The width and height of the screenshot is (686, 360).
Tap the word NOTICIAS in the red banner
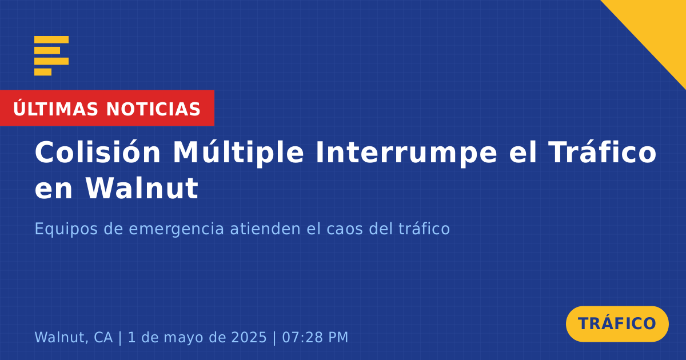coord(153,109)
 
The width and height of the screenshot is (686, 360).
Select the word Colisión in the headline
coord(98,152)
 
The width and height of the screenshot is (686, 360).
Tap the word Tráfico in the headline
coord(603,152)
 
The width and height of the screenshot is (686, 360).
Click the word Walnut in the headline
coord(142,188)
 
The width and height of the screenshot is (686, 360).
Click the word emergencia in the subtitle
coord(177,230)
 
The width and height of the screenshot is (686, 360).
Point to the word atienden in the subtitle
coord(265,229)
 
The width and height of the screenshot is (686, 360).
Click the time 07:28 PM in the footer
coord(315,337)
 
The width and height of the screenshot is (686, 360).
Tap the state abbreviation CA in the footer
coord(103,337)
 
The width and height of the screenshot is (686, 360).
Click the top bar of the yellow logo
coord(51,39)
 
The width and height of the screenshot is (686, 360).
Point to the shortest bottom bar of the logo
coord(43,72)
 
